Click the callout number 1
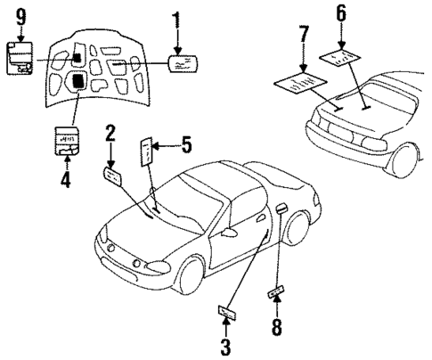tap(176, 20)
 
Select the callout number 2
tap(110, 135)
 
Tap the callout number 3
tap(225, 344)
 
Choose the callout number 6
tap(343, 13)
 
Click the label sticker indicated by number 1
tap(183, 63)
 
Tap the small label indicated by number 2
tap(113, 176)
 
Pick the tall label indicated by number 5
tap(148, 152)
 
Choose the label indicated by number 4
tap(66, 141)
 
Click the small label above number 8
tap(276, 292)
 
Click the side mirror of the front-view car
tap(230, 232)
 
